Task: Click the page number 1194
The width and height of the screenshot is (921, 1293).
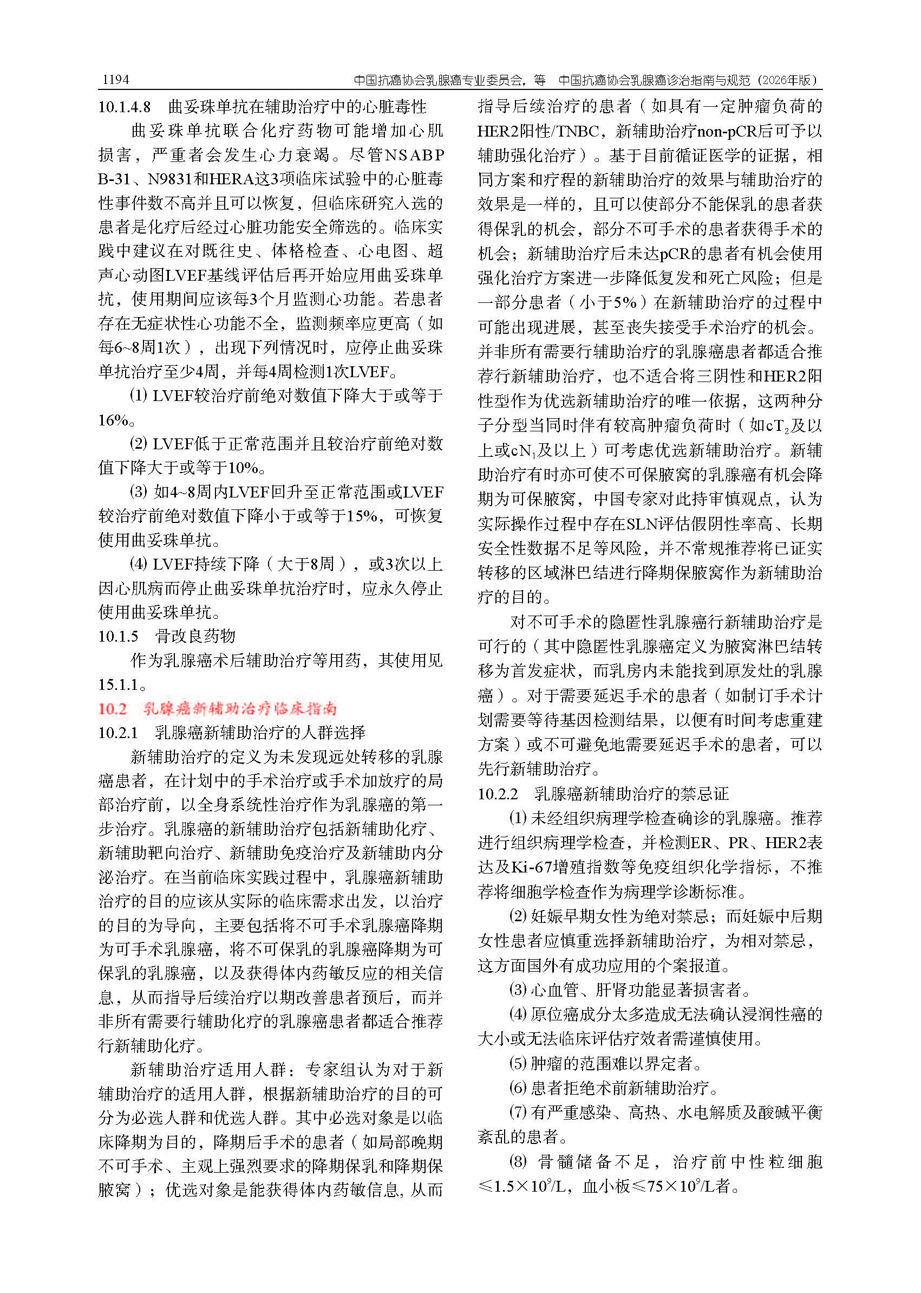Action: pyautogui.click(x=116, y=80)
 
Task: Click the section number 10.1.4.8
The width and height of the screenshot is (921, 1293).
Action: pyautogui.click(x=124, y=107)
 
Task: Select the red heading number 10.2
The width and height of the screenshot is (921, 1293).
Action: pyautogui.click(x=112, y=709)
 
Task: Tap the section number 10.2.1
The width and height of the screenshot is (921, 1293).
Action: pyautogui.click(x=118, y=733)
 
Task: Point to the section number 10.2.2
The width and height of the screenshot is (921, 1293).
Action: pyautogui.click(x=498, y=793)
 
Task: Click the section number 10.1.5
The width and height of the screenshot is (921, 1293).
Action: pyautogui.click(x=118, y=636)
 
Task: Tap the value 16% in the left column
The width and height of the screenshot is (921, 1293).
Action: pyautogui.click(x=113, y=420)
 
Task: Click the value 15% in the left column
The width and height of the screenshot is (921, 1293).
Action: pyautogui.click(x=361, y=516)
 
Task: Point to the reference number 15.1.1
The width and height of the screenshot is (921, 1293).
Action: pyautogui.click(x=118, y=684)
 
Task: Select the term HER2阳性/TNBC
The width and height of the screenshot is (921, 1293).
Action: pyautogui.click(x=538, y=132)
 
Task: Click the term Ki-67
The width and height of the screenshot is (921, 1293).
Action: pyautogui.click(x=531, y=867)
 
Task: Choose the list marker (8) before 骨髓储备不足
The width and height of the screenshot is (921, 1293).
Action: pyautogui.click(x=518, y=1161)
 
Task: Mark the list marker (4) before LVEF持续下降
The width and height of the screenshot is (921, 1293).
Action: pyautogui.click(x=139, y=564)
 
